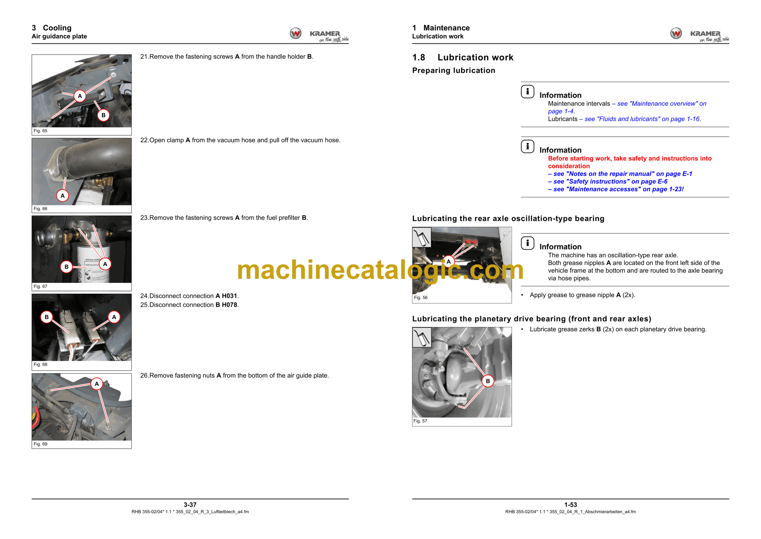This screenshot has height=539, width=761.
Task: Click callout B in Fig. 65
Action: (x=103, y=115)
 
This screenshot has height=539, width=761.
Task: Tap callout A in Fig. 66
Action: (x=63, y=196)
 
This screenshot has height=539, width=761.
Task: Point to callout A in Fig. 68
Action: (x=114, y=317)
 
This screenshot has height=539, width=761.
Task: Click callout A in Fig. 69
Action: (x=97, y=384)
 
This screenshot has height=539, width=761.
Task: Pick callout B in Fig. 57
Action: (x=488, y=381)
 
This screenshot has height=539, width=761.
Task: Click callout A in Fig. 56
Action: (x=449, y=262)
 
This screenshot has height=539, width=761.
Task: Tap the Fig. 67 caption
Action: (x=40, y=286)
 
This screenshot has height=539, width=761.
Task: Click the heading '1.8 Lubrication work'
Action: (x=463, y=57)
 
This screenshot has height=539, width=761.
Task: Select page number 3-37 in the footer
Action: (x=190, y=504)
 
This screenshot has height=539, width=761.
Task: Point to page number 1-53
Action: (x=571, y=504)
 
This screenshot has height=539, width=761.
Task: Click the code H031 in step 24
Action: (x=229, y=296)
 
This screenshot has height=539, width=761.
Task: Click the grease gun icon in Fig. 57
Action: (x=422, y=337)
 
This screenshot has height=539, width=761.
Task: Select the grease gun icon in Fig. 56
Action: (x=422, y=237)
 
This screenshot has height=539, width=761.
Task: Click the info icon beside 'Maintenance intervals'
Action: (x=528, y=92)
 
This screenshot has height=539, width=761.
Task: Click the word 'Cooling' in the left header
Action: (x=57, y=28)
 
